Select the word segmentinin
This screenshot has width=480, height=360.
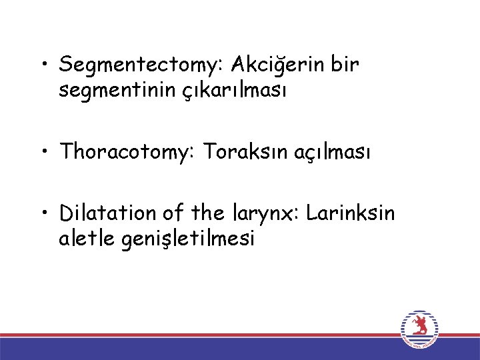[117, 91]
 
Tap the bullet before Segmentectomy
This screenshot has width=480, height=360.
[43, 66]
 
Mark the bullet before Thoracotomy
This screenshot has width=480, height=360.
[43, 153]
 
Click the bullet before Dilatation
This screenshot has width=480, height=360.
[43, 215]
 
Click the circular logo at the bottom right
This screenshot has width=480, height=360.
[420, 329]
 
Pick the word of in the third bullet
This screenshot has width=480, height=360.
[173, 214]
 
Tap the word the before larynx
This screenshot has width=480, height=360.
[207, 214]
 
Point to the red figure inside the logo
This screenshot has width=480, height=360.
[420, 326]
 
